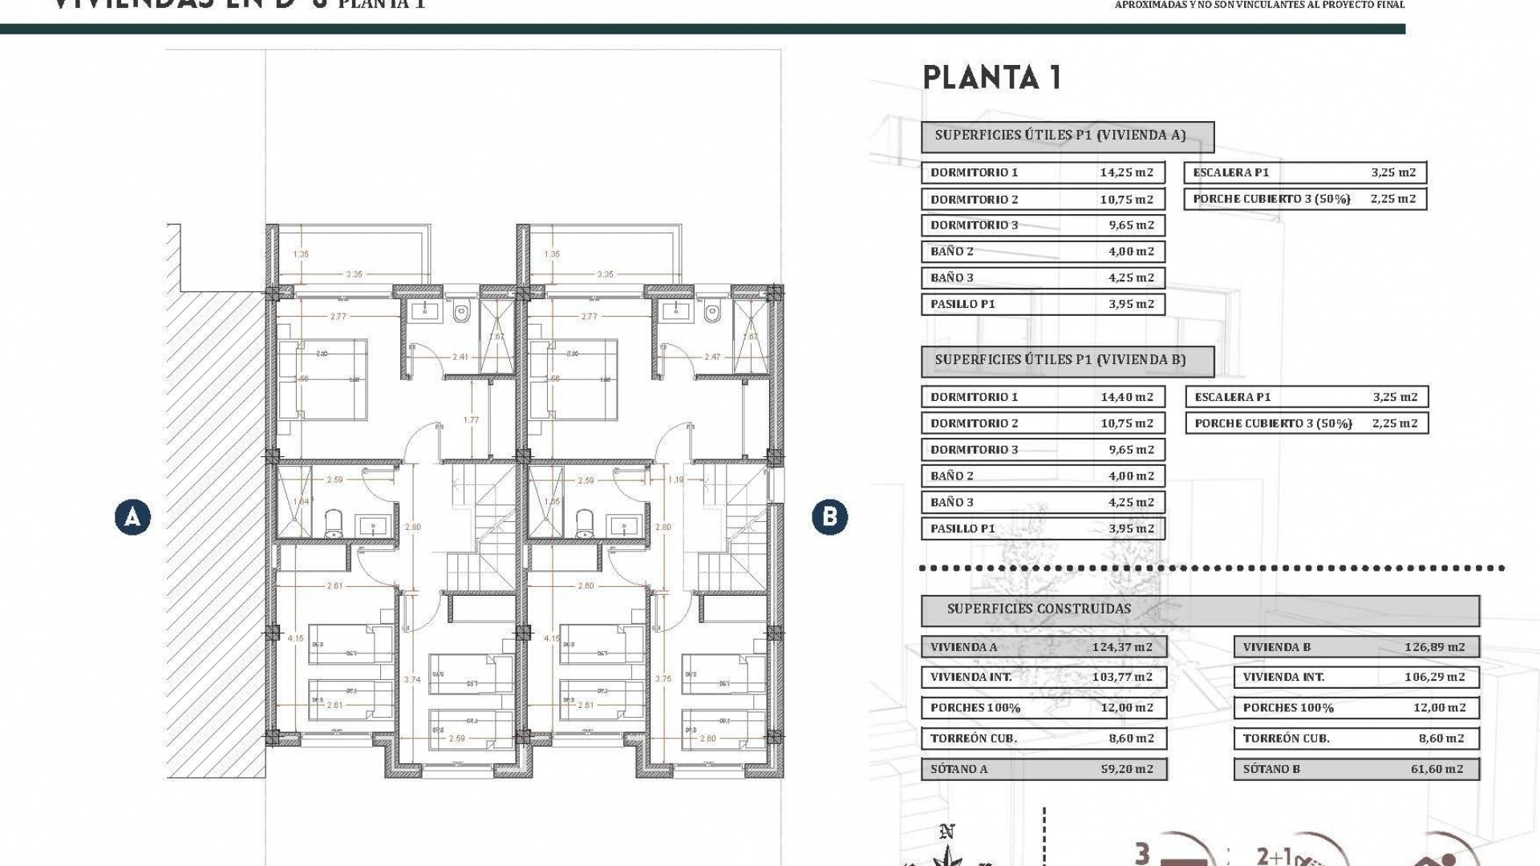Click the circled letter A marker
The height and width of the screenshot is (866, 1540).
(132, 517)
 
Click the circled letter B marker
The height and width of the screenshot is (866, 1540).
(829, 517)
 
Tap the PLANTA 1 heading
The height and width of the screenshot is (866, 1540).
(992, 78)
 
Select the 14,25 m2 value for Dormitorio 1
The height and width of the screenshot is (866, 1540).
(1126, 172)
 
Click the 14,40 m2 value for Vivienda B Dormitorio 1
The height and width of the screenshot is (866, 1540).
(1126, 397)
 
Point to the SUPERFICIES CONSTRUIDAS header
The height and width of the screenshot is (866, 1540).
(1039, 609)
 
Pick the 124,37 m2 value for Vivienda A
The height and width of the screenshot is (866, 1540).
(1121, 647)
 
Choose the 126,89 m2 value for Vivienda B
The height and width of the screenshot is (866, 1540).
(1434, 647)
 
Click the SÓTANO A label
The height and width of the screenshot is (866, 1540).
(958, 769)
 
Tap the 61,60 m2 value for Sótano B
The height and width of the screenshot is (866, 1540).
(1437, 769)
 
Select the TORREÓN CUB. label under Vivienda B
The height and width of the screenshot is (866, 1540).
(1286, 739)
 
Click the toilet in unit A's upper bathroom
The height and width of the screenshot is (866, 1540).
(461, 314)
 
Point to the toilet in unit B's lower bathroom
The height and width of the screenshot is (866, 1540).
(586, 523)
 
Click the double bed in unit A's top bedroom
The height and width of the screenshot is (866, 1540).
(323, 378)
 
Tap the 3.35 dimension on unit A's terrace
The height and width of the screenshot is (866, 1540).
(354, 274)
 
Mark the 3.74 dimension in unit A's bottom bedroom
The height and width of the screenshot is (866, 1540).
(412, 679)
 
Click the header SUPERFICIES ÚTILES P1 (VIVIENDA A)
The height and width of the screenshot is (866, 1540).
(1060, 136)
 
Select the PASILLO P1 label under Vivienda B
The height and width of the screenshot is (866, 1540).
(962, 528)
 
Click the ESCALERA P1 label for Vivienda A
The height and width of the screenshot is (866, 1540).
(1230, 172)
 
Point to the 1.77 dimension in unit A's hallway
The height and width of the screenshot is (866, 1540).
(471, 420)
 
